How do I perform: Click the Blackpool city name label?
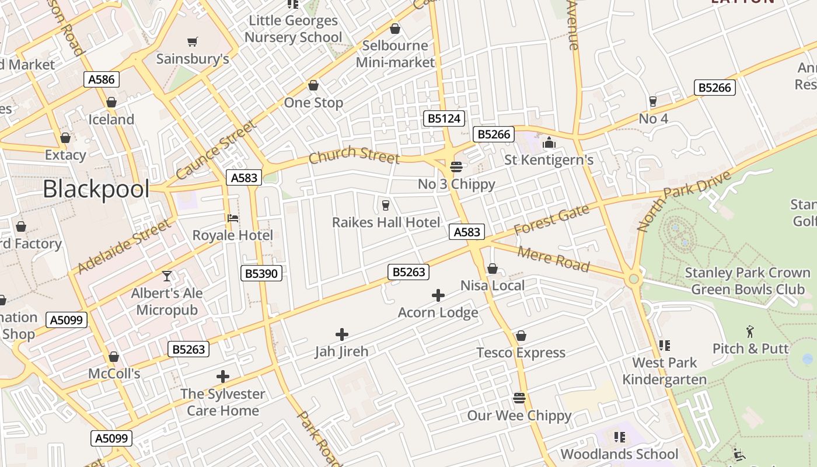point(96,189)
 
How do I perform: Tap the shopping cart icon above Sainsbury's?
point(192,41)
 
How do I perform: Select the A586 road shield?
point(103,79)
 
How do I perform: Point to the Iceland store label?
point(111,120)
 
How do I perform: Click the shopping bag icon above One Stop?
point(313,86)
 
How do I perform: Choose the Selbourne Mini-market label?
point(395,54)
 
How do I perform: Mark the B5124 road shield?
point(444,119)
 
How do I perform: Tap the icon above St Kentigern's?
point(549,142)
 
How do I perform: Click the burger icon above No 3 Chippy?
point(456,167)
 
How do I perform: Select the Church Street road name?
point(354,155)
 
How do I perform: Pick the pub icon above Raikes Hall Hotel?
point(385,205)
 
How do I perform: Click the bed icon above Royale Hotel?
point(233,218)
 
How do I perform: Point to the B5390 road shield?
point(262,273)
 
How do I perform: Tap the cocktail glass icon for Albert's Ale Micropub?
point(167,276)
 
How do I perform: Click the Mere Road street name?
point(553,259)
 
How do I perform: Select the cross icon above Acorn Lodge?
point(438,295)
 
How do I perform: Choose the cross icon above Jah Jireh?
point(342,334)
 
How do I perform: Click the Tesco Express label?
point(521,353)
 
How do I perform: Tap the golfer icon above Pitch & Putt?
point(750,332)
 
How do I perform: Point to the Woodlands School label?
point(619,454)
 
